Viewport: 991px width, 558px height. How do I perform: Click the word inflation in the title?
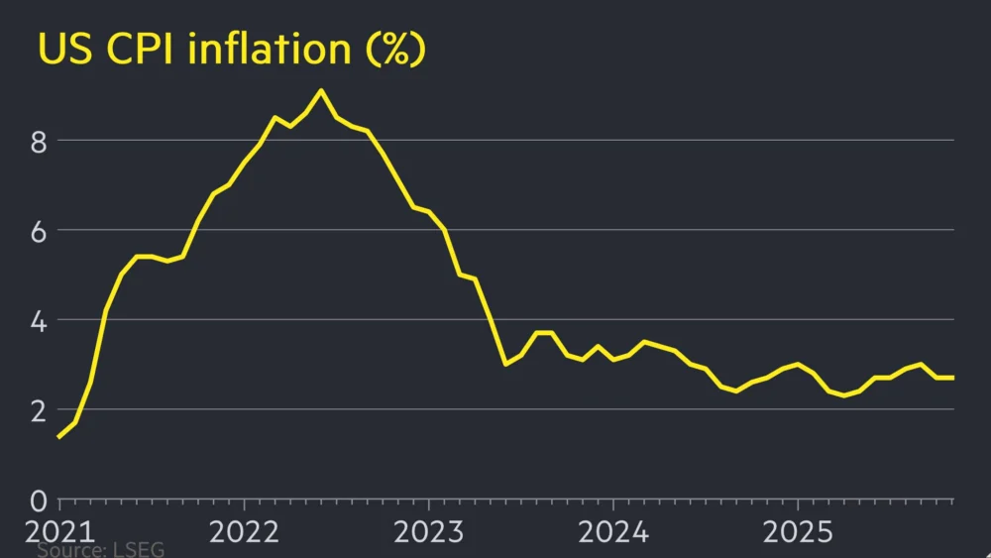point(270,50)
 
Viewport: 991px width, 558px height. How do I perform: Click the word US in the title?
point(62,50)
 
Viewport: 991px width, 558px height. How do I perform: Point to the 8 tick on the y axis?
point(39,141)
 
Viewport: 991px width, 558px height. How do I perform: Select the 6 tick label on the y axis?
point(39,230)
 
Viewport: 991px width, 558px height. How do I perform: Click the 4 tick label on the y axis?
point(39,320)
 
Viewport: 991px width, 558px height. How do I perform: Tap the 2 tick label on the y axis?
point(39,409)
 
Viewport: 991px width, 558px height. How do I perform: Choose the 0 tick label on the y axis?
point(39,500)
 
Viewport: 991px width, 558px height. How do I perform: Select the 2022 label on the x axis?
point(242,531)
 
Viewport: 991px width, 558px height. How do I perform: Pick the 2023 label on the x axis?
point(427,531)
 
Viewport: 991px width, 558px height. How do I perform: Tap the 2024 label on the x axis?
point(612,531)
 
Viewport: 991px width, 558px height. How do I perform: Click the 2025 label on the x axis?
point(798,531)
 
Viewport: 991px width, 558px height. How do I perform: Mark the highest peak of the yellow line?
point(320,90)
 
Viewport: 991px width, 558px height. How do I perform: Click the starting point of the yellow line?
point(59,436)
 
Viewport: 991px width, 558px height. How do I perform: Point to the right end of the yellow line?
point(953,378)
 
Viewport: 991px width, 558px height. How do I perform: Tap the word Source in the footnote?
point(69,549)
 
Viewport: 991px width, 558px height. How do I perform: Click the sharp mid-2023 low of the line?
point(505,364)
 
